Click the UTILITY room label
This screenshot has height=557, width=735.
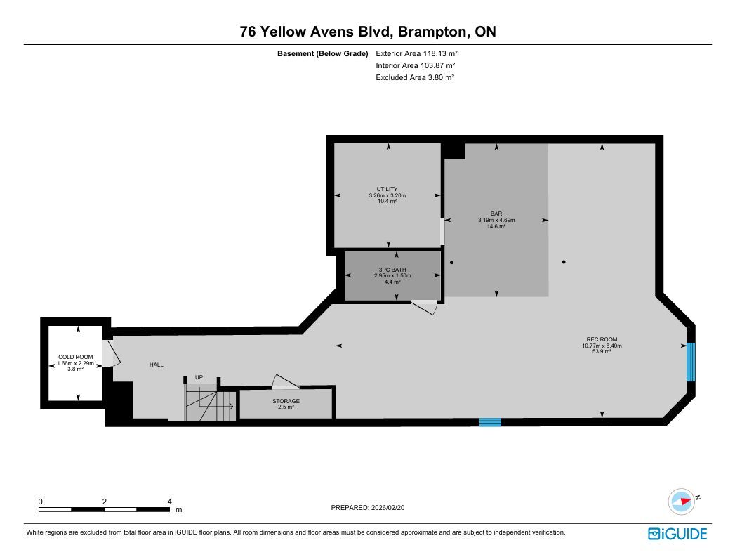click(388, 189)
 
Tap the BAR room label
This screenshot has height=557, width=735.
click(496, 214)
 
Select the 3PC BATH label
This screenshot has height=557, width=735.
click(392, 270)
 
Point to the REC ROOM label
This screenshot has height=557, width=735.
click(602, 339)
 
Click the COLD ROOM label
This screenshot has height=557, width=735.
click(76, 357)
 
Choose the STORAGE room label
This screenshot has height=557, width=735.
click(286, 401)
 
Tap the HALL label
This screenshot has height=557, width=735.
click(157, 365)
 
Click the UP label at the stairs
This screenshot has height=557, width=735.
click(199, 377)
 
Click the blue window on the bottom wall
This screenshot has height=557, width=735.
click(490, 422)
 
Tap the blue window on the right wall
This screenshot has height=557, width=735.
click(691, 362)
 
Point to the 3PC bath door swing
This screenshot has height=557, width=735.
click(425, 307)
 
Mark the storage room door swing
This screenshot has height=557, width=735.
click(285, 381)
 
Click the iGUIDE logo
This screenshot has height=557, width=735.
click(677, 534)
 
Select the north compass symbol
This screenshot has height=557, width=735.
click(682, 502)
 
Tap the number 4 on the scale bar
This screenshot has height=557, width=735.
click(170, 502)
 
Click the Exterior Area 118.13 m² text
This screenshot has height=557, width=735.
click(416, 53)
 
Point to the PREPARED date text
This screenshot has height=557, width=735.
click(368, 507)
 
